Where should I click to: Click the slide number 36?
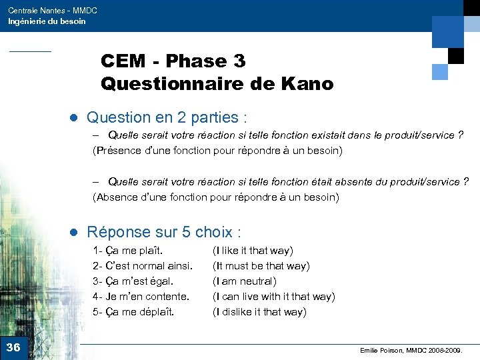coord(13,347)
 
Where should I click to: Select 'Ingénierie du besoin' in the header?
coord(47,21)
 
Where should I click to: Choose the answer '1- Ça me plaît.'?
coord(129,251)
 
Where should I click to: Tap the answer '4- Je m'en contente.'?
coord(141,296)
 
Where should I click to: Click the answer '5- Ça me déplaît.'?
coord(133,311)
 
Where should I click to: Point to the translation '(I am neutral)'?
coord(244,281)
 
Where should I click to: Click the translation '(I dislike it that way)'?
coord(259,311)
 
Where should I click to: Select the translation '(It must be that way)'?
coord(261,266)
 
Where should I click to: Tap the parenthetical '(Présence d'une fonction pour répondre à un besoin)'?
coord(217,151)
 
